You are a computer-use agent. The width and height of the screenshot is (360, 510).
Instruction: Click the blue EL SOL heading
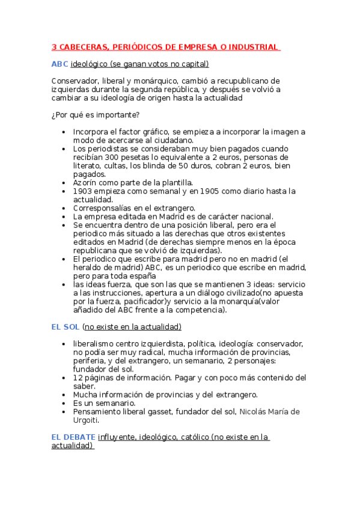tap(65, 327)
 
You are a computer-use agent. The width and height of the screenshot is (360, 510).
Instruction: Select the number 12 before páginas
tap(78, 378)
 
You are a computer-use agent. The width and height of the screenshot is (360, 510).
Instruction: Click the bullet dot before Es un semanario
tap(64, 403)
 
